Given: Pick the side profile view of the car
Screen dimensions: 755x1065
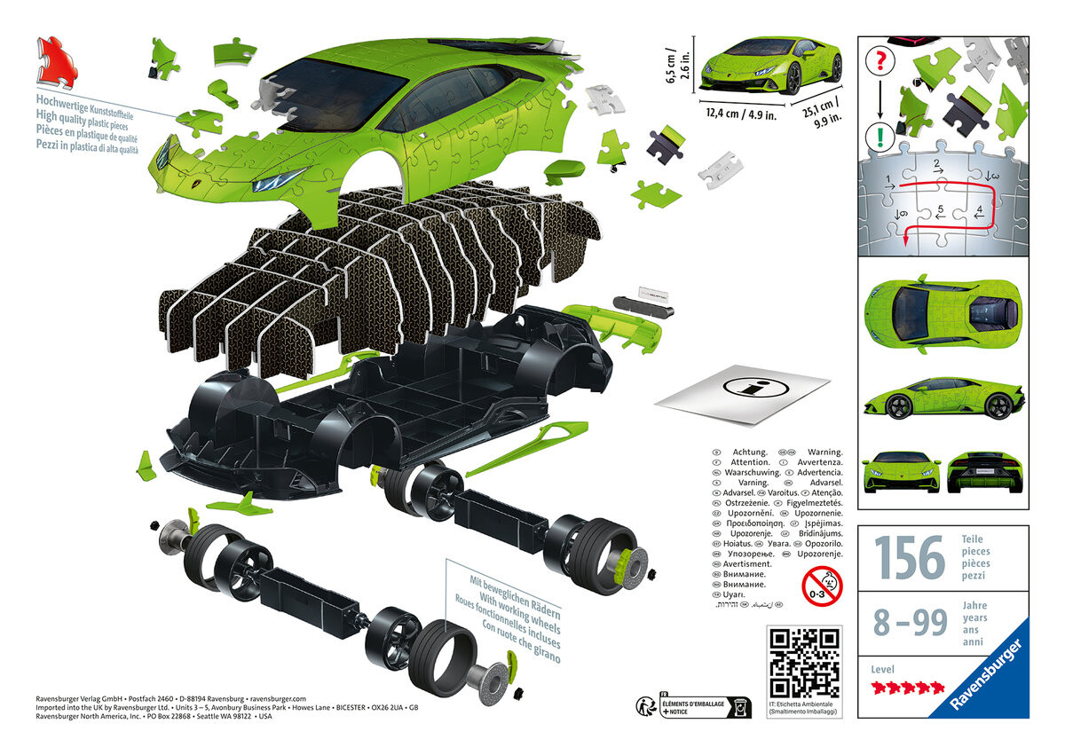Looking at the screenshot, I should [943, 400].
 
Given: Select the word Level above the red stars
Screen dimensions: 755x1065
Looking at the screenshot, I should [883, 670].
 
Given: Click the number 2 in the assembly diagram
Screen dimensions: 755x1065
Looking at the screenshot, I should [935, 165].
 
